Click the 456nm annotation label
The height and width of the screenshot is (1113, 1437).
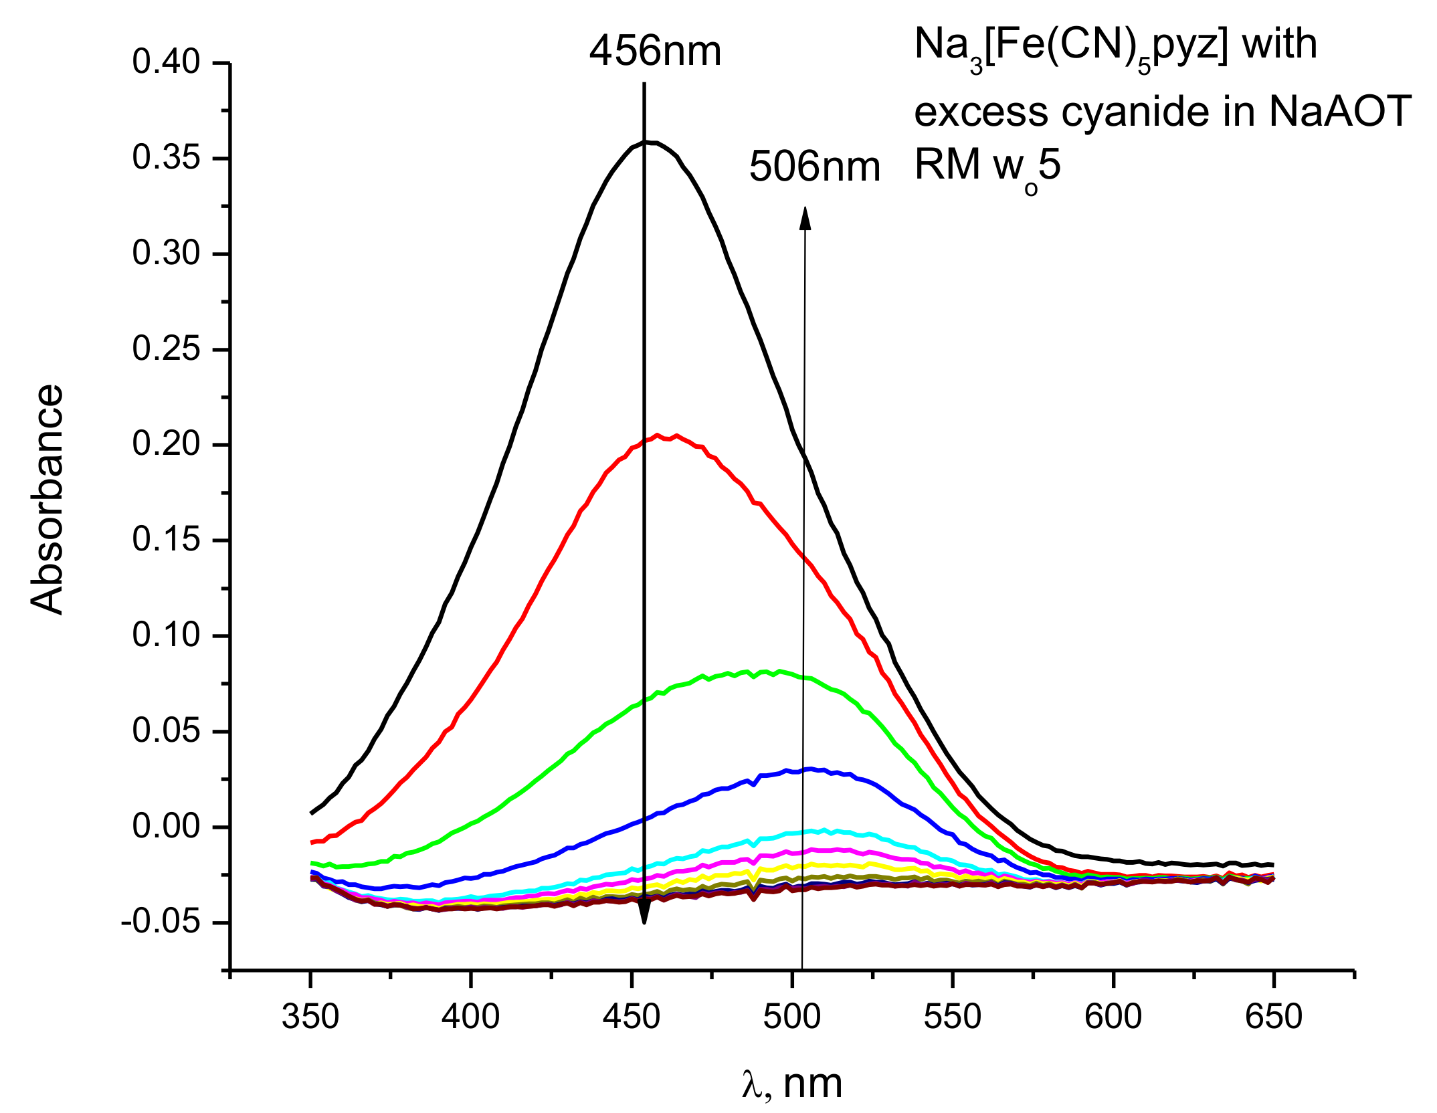coord(655,52)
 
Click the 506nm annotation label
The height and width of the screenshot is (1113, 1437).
coord(814,167)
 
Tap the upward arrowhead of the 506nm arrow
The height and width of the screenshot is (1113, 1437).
coord(805,218)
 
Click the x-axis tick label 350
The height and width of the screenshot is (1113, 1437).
coord(310,1017)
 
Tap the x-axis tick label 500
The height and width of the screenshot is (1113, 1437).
coord(792,1017)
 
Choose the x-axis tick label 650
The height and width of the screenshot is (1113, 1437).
coord(1274,1017)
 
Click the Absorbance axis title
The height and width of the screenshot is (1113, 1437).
coord(47,499)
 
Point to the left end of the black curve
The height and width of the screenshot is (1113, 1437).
coord(312,813)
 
